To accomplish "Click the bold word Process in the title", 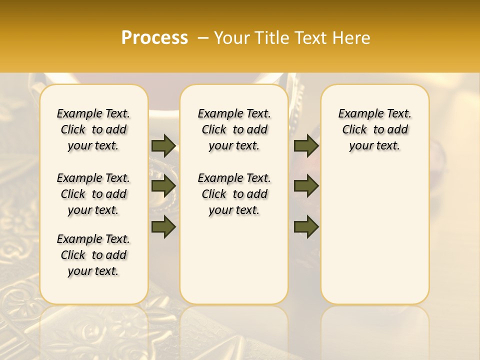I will point(154,38).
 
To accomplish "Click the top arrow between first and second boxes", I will point(163,146).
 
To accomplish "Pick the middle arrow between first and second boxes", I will point(163,186).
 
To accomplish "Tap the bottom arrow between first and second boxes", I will point(163,226).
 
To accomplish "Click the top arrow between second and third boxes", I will point(306,146).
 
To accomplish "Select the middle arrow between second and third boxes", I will point(306,186).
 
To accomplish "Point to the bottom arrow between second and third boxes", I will point(306,226).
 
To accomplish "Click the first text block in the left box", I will point(93,129).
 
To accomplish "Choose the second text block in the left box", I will point(93,194).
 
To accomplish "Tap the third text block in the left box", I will point(93,255).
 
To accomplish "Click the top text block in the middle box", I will point(234,129).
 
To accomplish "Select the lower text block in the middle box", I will point(234,194).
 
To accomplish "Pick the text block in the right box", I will point(374,129).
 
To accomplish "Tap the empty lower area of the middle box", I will point(234,260).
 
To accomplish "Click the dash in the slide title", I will point(203,38).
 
